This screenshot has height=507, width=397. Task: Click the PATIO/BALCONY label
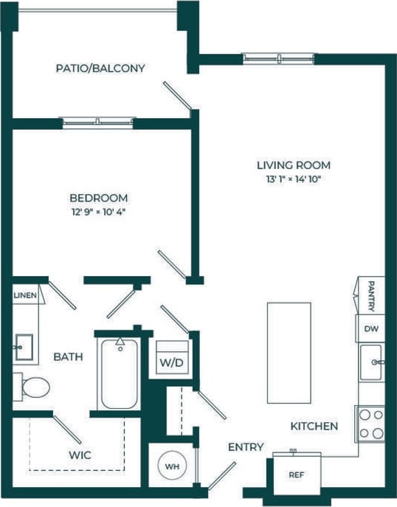(100, 69)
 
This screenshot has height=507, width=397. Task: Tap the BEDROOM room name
(98, 198)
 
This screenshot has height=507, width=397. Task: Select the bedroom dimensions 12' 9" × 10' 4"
(98, 213)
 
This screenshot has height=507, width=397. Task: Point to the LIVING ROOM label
(293, 165)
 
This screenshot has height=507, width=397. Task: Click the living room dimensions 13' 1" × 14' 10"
(293, 179)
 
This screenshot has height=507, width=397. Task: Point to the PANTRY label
(372, 296)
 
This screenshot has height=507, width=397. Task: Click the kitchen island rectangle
(288, 353)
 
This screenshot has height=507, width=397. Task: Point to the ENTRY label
(245, 447)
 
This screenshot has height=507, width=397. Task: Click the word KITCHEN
(314, 427)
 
